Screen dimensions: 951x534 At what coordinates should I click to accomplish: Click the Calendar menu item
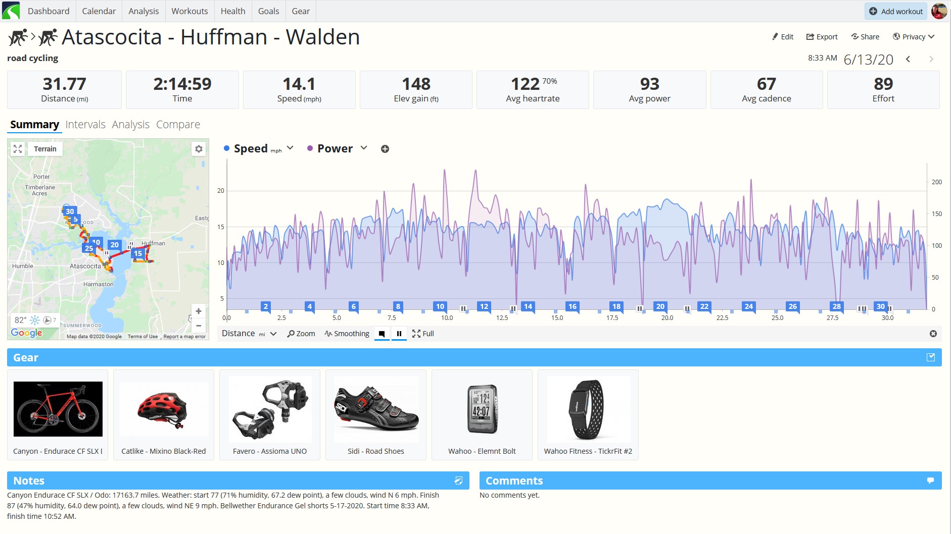(99, 11)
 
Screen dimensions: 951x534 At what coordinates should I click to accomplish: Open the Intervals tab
(85, 125)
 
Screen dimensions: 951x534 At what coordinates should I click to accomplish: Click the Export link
(822, 37)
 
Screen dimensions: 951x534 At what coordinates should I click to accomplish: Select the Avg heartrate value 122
(526, 84)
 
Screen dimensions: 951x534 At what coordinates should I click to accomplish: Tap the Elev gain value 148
(416, 84)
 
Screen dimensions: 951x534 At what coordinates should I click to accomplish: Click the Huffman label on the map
(154, 243)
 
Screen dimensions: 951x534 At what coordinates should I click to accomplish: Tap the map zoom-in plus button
(199, 311)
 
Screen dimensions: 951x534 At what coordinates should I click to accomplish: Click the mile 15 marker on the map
(137, 253)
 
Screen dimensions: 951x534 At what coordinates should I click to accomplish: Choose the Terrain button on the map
(45, 149)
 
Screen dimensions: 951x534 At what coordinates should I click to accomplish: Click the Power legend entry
(335, 148)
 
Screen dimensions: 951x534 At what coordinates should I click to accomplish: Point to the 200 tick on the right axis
(936, 182)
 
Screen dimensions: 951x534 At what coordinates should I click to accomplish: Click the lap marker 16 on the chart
(572, 306)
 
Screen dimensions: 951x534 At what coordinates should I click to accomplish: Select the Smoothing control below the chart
(347, 334)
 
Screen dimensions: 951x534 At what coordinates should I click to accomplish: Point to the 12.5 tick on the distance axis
(502, 318)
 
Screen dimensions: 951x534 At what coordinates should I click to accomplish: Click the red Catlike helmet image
(163, 409)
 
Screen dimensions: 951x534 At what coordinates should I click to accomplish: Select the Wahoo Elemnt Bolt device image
(482, 409)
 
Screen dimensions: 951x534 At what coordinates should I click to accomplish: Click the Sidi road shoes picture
(376, 409)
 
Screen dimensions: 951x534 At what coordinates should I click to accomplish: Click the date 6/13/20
(868, 60)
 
